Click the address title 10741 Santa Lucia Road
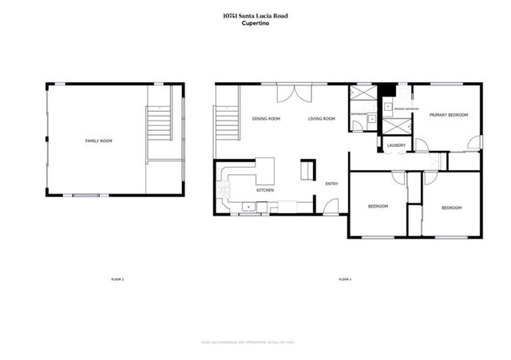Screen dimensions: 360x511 pyautogui.click(x=255, y=15)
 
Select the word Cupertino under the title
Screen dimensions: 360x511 pyautogui.click(x=255, y=23)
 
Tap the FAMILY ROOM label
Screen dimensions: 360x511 pyautogui.click(x=99, y=140)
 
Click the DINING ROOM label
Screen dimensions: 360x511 pyautogui.click(x=266, y=119)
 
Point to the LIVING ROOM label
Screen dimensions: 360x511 pyautogui.click(x=323, y=119)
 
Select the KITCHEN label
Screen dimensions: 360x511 pyautogui.click(x=265, y=191)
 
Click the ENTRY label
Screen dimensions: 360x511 pyautogui.click(x=331, y=184)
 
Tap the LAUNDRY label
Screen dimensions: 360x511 pyautogui.click(x=396, y=145)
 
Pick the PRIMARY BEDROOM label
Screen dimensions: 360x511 pyautogui.click(x=448, y=115)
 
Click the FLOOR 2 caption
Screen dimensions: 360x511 pyautogui.click(x=117, y=279)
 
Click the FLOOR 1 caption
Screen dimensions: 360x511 pyautogui.click(x=345, y=279)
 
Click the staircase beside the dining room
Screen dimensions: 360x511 pyautogui.click(x=226, y=125)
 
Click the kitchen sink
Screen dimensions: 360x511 pyautogui.click(x=248, y=208)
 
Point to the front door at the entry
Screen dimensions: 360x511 pyautogui.click(x=328, y=209)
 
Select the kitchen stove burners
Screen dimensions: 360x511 pyautogui.click(x=226, y=191)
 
